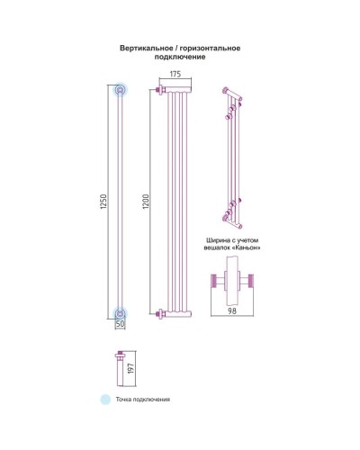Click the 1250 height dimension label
103,202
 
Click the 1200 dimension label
146,202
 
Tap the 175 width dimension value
175,74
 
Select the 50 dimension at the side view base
120,324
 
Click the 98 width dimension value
232,311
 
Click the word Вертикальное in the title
147,48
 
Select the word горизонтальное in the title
211,48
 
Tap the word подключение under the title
180,57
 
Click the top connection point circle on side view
120,89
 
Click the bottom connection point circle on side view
120,314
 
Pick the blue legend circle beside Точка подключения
105,400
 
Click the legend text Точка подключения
143,400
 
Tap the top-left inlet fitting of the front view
160,90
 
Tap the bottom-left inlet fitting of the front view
160,314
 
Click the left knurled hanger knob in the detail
214,281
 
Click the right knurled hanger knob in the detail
250,281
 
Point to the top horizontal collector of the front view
178,90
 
